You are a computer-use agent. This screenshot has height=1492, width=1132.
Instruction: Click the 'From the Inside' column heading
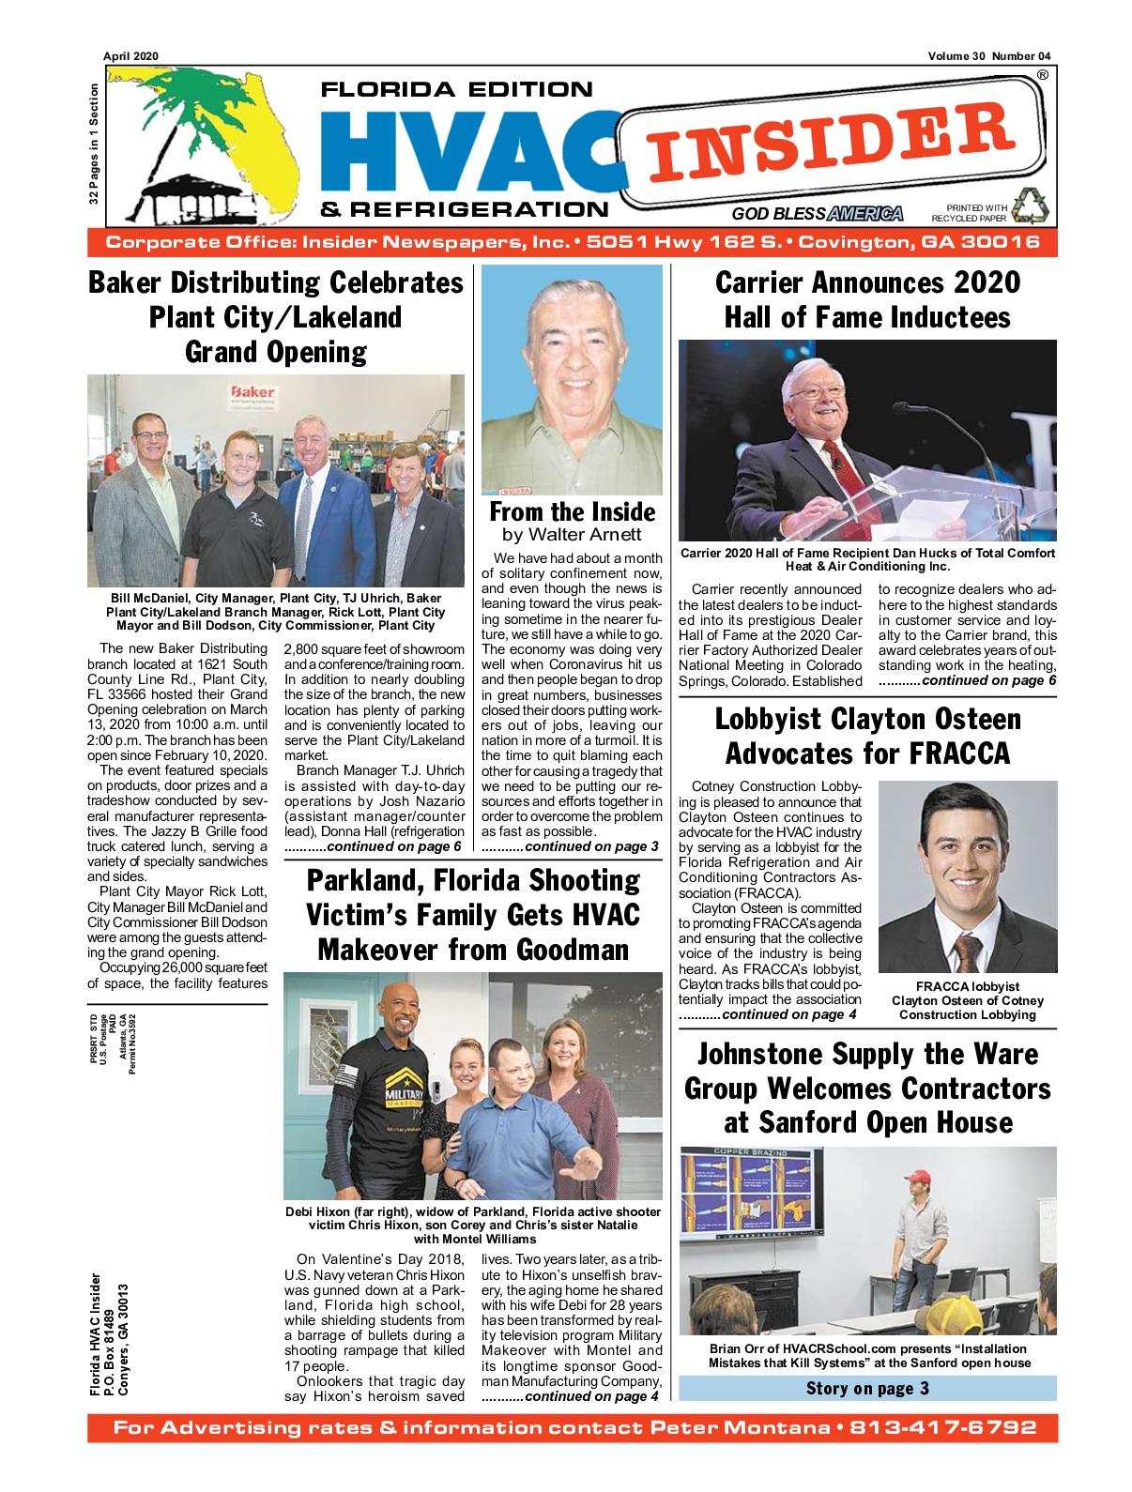[572, 512]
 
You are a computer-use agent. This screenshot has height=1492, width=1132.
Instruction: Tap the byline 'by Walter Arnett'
[572, 535]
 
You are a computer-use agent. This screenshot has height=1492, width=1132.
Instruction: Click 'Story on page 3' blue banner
[867, 1388]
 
